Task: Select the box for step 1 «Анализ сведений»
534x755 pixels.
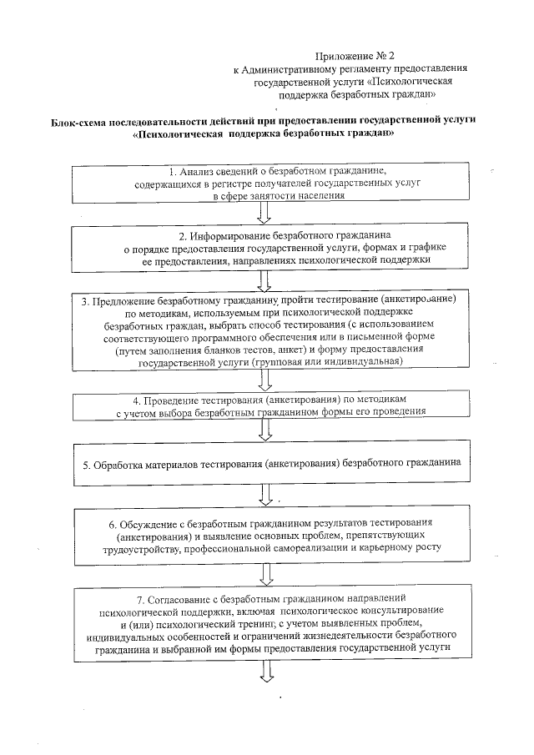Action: pyautogui.click(x=267, y=182)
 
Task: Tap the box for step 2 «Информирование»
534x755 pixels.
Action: pyautogui.click(x=267, y=247)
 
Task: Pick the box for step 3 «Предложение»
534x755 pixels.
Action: pyautogui.click(x=267, y=330)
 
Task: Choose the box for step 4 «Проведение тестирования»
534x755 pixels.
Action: pyautogui.click(x=267, y=405)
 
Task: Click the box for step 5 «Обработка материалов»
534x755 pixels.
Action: pyautogui.click(x=267, y=461)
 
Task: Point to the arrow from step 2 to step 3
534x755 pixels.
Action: pyautogui.click(x=265, y=280)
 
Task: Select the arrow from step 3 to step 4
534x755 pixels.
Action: pyautogui.click(x=266, y=380)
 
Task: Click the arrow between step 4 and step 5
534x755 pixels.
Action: pyautogui.click(x=266, y=430)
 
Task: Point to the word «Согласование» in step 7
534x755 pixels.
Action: pyautogui.click(x=187, y=599)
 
